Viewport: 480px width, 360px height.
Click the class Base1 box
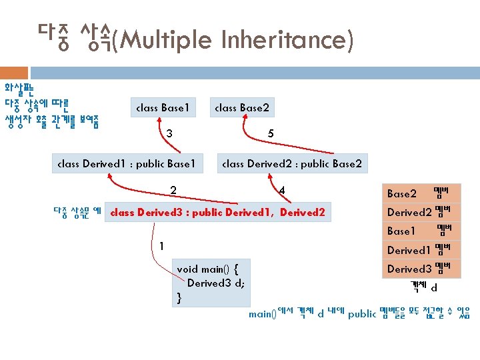[163, 107]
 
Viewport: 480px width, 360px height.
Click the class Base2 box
[242, 107]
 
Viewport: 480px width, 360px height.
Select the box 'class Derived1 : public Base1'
[127, 163]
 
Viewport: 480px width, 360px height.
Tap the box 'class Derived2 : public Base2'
[291, 163]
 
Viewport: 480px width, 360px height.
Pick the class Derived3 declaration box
[217, 213]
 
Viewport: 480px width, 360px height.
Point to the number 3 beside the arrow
[169, 134]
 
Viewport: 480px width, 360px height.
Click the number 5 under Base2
[270, 134]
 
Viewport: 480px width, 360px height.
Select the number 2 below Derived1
[173, 190]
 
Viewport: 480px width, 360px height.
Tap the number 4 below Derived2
[282, 190]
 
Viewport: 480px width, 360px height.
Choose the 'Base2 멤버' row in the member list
[423, 194]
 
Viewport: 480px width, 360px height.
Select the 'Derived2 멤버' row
[423, 213]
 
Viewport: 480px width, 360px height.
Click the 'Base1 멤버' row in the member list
[423, 231]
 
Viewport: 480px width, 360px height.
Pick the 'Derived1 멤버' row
[423, 250]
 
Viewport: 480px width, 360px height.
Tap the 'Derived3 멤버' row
[423, 269]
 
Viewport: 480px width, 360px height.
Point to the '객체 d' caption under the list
[424, 287]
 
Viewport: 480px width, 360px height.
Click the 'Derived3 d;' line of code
[216, 283]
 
